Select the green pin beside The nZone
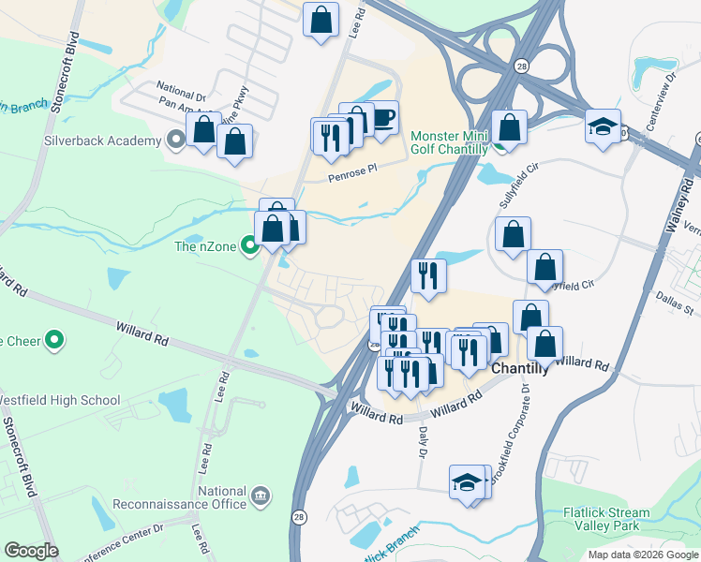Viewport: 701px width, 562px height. [x=249, y=246]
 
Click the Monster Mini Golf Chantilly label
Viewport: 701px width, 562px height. [x=450, y=142]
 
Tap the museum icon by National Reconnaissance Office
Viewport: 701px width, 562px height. [x=261, y=494]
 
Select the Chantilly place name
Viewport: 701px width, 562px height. [x=520, y=371]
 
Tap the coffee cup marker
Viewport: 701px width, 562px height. [x=382, y=119]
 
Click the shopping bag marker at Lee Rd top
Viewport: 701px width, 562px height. [x=321, y=20]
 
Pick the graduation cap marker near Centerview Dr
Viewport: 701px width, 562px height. [x=603, y=126]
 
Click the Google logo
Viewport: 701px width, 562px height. [x=31, y=551]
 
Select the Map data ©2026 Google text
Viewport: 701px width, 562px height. [x=643, y=555]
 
